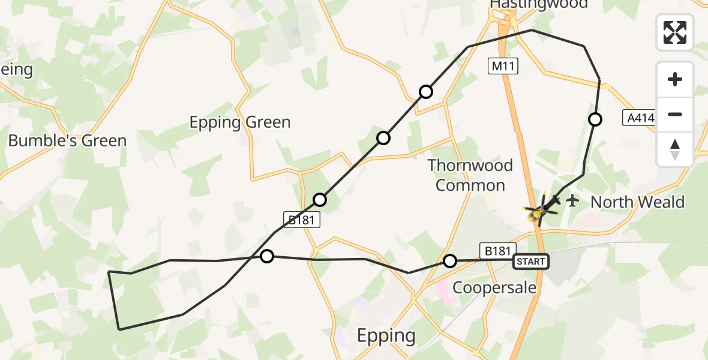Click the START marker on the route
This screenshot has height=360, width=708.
tap(531, 261)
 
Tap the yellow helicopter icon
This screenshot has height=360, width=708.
tap(541, 210)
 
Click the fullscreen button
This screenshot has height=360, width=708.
tap(675, 32)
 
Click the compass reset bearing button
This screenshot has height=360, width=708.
tap(675, 149)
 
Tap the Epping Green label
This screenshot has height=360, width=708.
tap(240, 122)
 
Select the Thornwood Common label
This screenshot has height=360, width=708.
tap(470, 175)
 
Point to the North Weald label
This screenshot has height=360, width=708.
tap(637, 202)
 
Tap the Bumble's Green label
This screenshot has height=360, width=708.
tap(67, 141)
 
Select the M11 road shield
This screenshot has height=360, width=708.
tap(503, 67)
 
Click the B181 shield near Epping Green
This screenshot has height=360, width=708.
tap(301, 220)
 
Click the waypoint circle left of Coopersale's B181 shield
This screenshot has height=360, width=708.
tap(449, 261)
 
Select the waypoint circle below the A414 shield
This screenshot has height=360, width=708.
tap(595, 119)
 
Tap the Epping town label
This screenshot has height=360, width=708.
tap(386, 335)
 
